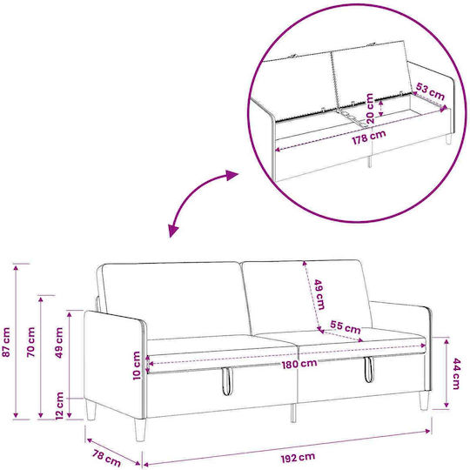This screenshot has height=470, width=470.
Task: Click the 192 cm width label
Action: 298,458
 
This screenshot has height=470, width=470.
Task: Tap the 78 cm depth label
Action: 106,459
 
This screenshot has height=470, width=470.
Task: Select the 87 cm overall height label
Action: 6,342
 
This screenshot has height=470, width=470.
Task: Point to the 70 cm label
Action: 30,342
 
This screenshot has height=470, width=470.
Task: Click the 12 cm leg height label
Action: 60,406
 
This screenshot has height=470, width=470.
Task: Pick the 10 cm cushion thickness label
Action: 137,366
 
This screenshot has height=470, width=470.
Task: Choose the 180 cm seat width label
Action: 299,364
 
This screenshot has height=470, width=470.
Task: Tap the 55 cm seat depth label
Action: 346,327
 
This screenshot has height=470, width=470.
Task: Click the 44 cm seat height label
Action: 455,373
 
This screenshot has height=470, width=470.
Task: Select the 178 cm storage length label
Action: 369,138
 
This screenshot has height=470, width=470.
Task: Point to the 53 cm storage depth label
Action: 430,92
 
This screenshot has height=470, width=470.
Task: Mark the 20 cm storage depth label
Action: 370,108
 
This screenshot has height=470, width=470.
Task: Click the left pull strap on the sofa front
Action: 227,380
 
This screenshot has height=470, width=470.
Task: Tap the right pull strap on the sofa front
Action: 369,369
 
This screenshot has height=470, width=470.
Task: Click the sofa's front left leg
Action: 140,430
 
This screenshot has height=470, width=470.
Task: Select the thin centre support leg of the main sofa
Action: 293,413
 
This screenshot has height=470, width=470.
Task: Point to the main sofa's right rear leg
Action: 424,400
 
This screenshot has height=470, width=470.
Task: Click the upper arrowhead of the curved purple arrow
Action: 232,175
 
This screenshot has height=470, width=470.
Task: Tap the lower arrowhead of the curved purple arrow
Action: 173,230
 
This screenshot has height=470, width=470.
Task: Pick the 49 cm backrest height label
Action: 319,294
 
